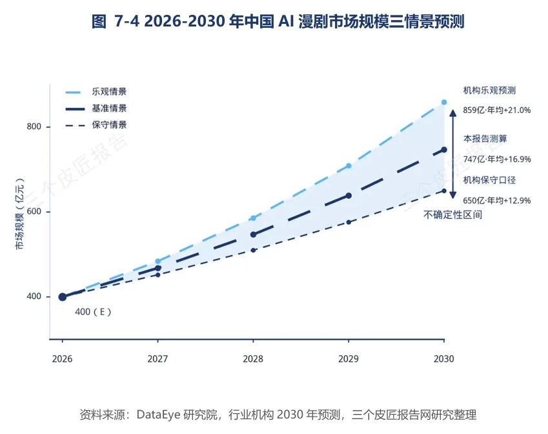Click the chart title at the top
[x=278, y=22]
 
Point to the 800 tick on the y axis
[x=34, y=126]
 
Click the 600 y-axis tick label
[x=34, y=211]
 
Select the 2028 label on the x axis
[x=253, y=359]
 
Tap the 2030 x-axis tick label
[x=444, y=359]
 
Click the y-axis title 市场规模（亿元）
[x=20, y=214]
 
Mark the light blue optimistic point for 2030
[x=444, y=102]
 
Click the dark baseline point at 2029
[x=349, y=196]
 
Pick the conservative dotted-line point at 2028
[x=254, y=250]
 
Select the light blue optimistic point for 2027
[x=157, y=261]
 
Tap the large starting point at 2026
[x=63, y=297]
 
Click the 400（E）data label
[x=93, y=311]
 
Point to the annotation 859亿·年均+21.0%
[x=496, y=110]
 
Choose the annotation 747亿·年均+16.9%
[x=496, y=159]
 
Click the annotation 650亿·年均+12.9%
[x=496, y=200]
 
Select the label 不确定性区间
[x=452, y=214]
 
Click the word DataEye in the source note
[x=158, y=415]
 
